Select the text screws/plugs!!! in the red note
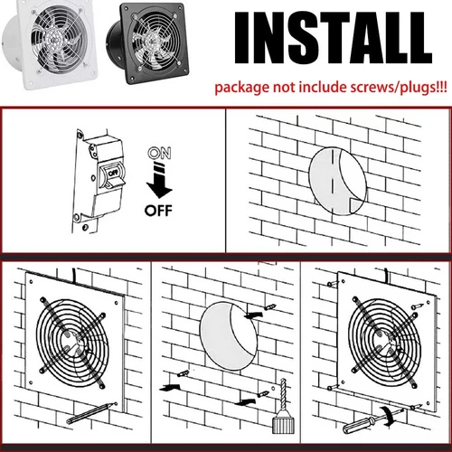click(399, 89)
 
